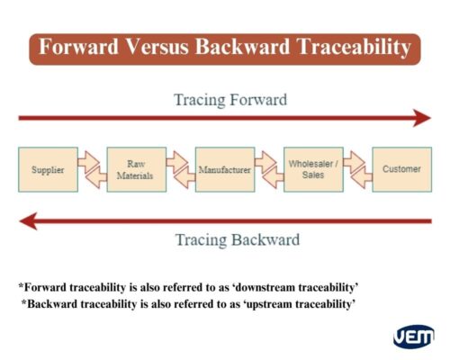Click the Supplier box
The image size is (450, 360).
(x=48, y=169)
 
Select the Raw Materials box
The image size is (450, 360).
(x=136, y=169)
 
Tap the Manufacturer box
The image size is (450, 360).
(x=224, y=169)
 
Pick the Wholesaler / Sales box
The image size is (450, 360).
(x=312, y=169)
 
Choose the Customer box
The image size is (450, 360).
(x=401, y=169)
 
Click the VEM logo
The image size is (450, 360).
(x=413, y=337)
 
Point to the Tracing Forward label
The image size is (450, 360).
(x=230, y=99)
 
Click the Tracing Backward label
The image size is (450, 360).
(x=237, y=240)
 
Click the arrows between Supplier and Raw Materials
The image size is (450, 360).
(x=92, y=169)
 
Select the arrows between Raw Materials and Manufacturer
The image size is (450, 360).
(x=180, y=169)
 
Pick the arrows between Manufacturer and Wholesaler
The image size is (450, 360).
(x=268, y=169)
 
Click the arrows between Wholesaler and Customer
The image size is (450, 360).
(x=356, y=169)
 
